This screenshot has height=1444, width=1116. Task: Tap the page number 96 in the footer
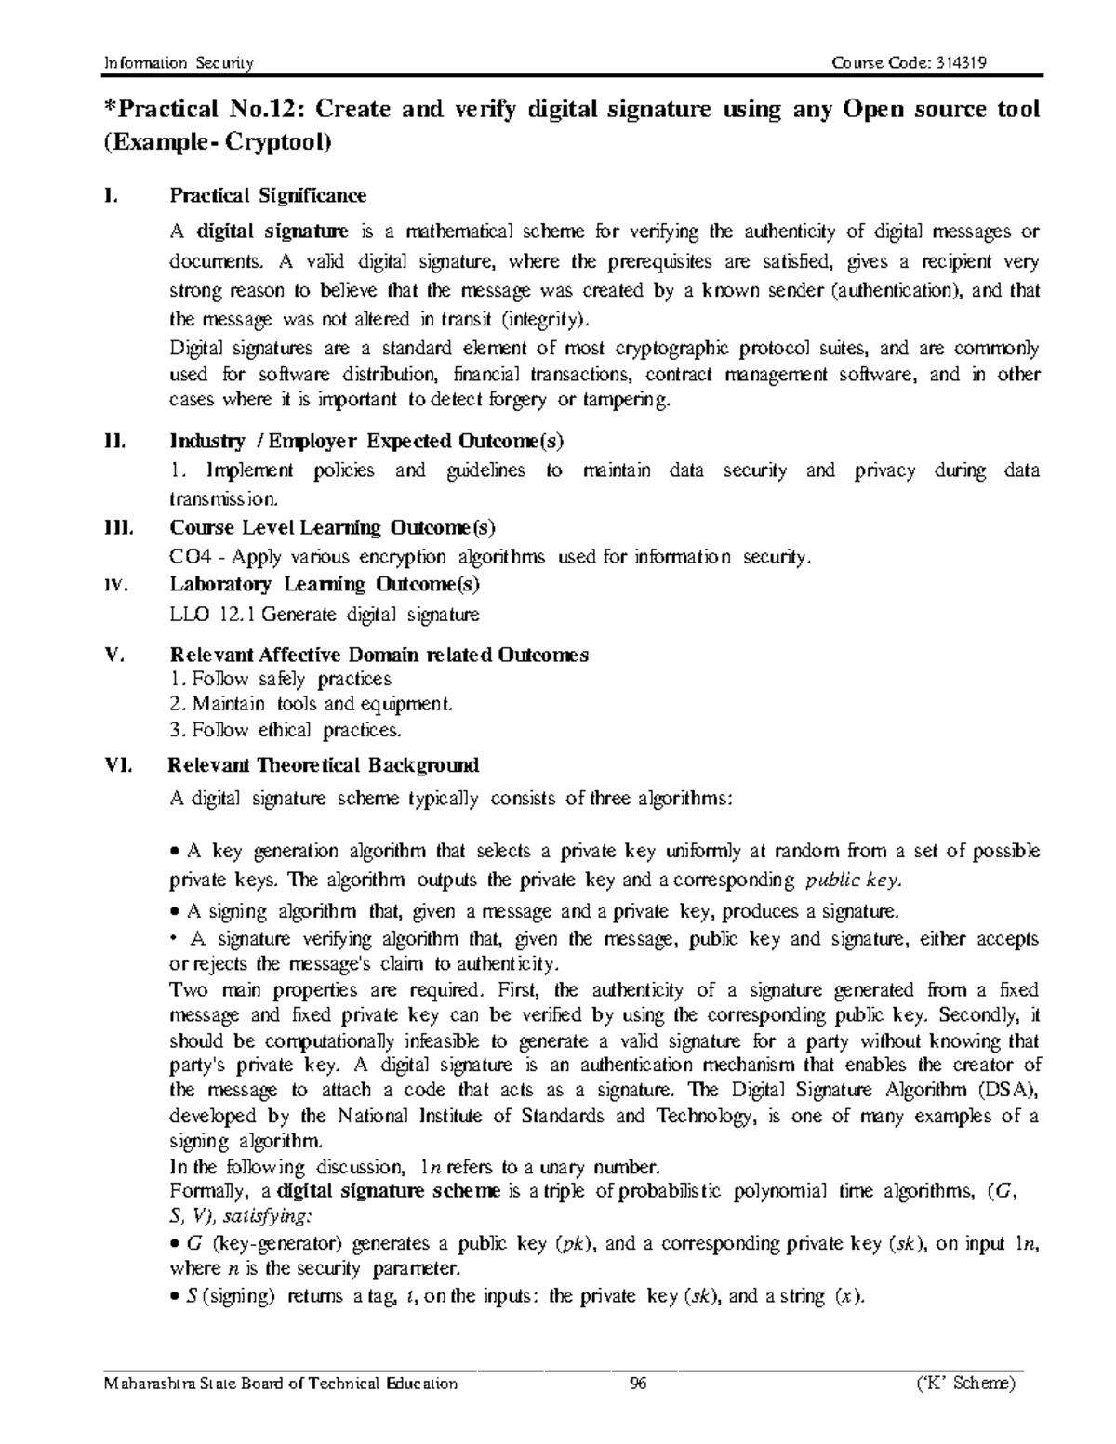(x=637, y=1383)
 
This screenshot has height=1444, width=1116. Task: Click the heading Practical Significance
(x=267, y=195)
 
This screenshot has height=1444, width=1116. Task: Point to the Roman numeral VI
(x=119, y=765)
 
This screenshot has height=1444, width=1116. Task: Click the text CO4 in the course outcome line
(x=190, y=557)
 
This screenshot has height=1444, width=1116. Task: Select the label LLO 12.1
(x=209, y=615)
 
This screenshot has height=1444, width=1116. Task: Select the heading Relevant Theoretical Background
(x=324, y=765)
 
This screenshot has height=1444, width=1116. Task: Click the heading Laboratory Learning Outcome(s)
(x=324, y=584)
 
